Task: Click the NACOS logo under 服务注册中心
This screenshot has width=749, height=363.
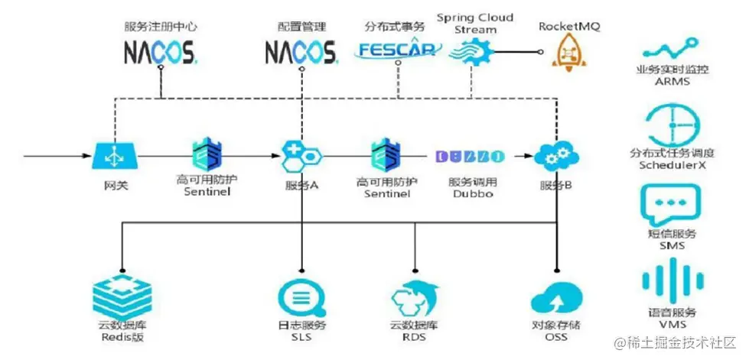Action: coord(161,52)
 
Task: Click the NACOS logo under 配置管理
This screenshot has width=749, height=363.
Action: coord(301,52)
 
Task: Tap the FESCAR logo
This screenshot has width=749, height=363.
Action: coord(399,50)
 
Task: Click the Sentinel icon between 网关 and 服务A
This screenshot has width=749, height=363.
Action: coord(207,155)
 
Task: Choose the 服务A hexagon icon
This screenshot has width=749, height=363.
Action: coord(301,157)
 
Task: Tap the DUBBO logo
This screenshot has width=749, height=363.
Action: coord(470,157)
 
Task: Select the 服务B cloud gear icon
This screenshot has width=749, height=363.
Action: coord(556,157)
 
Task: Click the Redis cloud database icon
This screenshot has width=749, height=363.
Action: coord(122,294)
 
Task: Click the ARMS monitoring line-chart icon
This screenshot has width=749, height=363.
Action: coord(672,50)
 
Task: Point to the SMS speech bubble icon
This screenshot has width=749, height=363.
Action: coord(672,203)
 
